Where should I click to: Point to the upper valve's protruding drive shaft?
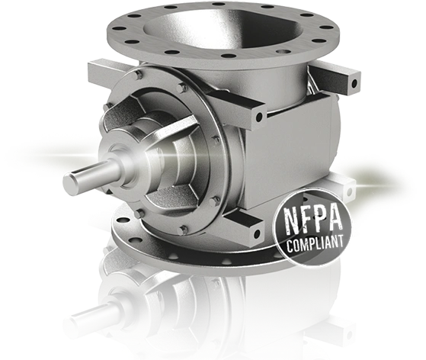tap(85, 180)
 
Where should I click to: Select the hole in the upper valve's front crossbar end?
tap(260, 117)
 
